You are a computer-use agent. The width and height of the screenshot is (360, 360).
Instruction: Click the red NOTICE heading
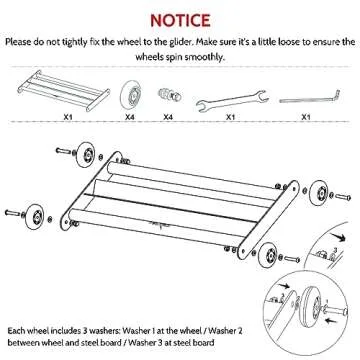pos(179,20)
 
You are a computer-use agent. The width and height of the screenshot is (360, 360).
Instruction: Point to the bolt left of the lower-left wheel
pos(15,213)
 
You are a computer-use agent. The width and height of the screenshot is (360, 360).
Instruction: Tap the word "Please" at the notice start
pos(21,44)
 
